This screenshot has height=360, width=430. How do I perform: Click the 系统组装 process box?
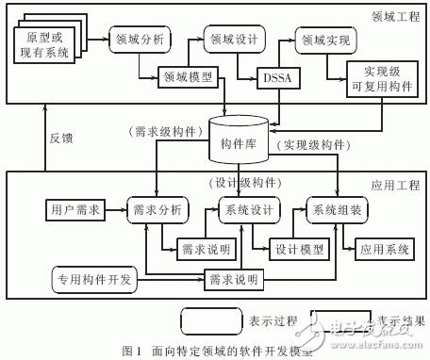tap(334, 209)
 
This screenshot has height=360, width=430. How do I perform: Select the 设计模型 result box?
tap(299, 250)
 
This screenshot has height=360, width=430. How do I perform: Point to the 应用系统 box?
tap(384, 250)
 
